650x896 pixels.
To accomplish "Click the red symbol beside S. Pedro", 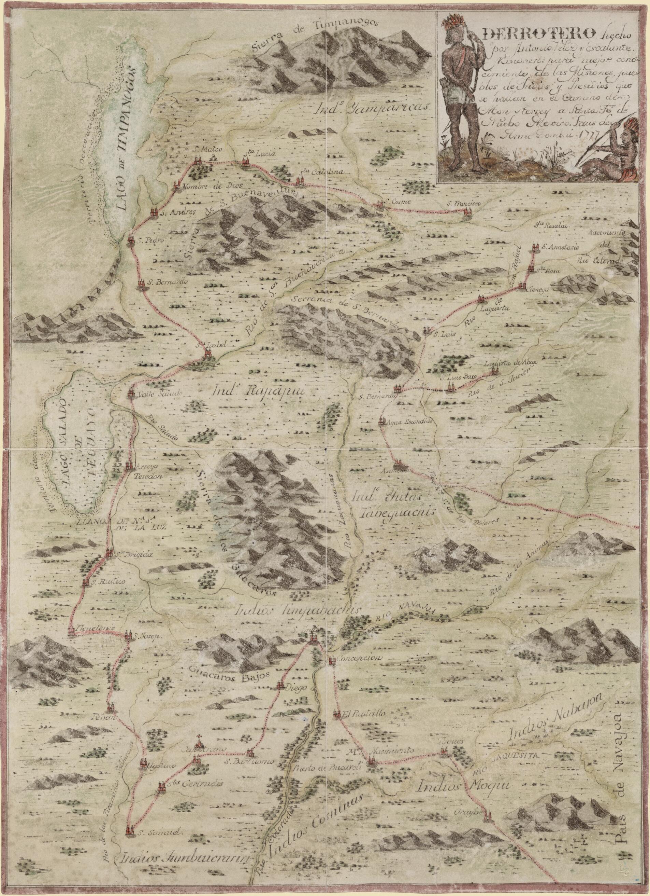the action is pos(131,242).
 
